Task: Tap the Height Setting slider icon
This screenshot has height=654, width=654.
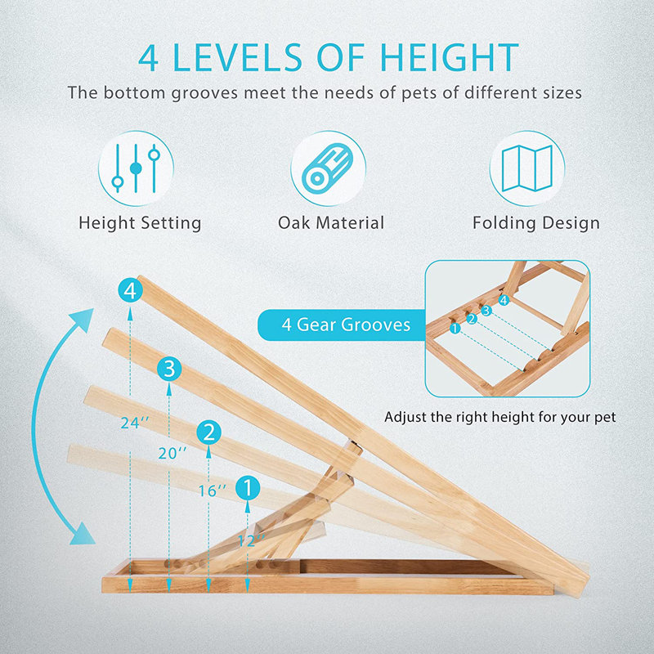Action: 136,168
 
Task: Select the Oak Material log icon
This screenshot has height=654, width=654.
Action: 328,168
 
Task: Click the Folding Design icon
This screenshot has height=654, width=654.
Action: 527,168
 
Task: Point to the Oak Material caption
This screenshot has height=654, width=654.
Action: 331,222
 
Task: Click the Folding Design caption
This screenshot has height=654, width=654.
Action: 536,222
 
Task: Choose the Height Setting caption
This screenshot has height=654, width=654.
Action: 140,222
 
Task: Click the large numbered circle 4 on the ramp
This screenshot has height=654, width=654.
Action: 131,290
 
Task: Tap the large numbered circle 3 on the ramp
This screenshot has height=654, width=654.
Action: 169,369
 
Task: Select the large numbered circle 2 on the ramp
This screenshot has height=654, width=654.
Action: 210,432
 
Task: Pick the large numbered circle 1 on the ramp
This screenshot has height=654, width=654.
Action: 248,488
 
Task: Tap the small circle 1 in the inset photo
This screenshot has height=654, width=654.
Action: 455,329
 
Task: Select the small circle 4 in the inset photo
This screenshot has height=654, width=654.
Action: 504,300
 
